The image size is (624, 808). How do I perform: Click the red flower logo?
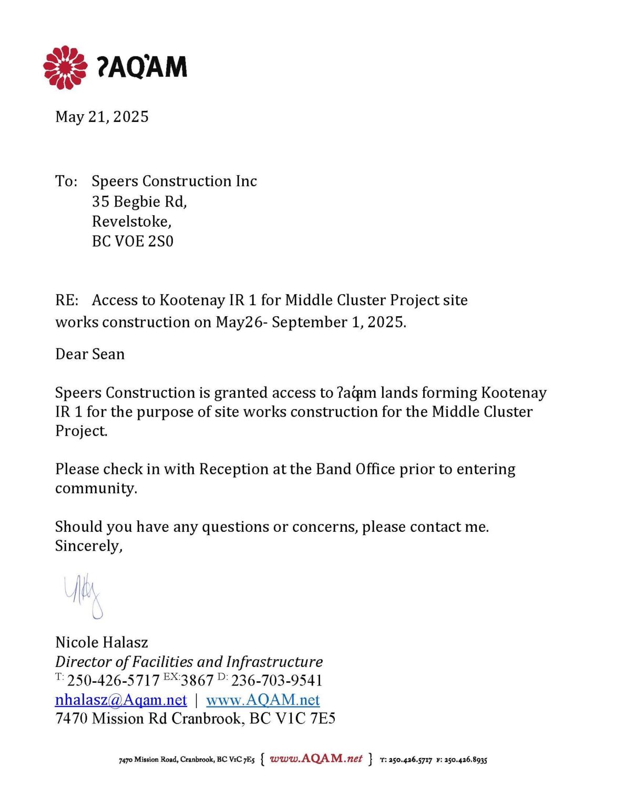pos(65,67)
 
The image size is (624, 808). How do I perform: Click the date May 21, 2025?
pos(102,117)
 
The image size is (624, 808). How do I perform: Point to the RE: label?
pos(67,300)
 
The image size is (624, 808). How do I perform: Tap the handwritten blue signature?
pos(84,596)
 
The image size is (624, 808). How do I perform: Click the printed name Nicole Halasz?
pos(101,642)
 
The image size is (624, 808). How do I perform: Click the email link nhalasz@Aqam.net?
pos(121,700)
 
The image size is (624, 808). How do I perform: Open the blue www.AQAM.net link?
pos(263,700)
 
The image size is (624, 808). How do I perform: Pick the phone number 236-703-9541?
pos(277,681)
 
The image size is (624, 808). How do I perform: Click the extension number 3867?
pos(197,681)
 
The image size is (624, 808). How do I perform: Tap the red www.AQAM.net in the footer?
pos(316,759)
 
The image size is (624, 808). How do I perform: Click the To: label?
pos(66,181)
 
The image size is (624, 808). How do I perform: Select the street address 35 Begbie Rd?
pos(139,201)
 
